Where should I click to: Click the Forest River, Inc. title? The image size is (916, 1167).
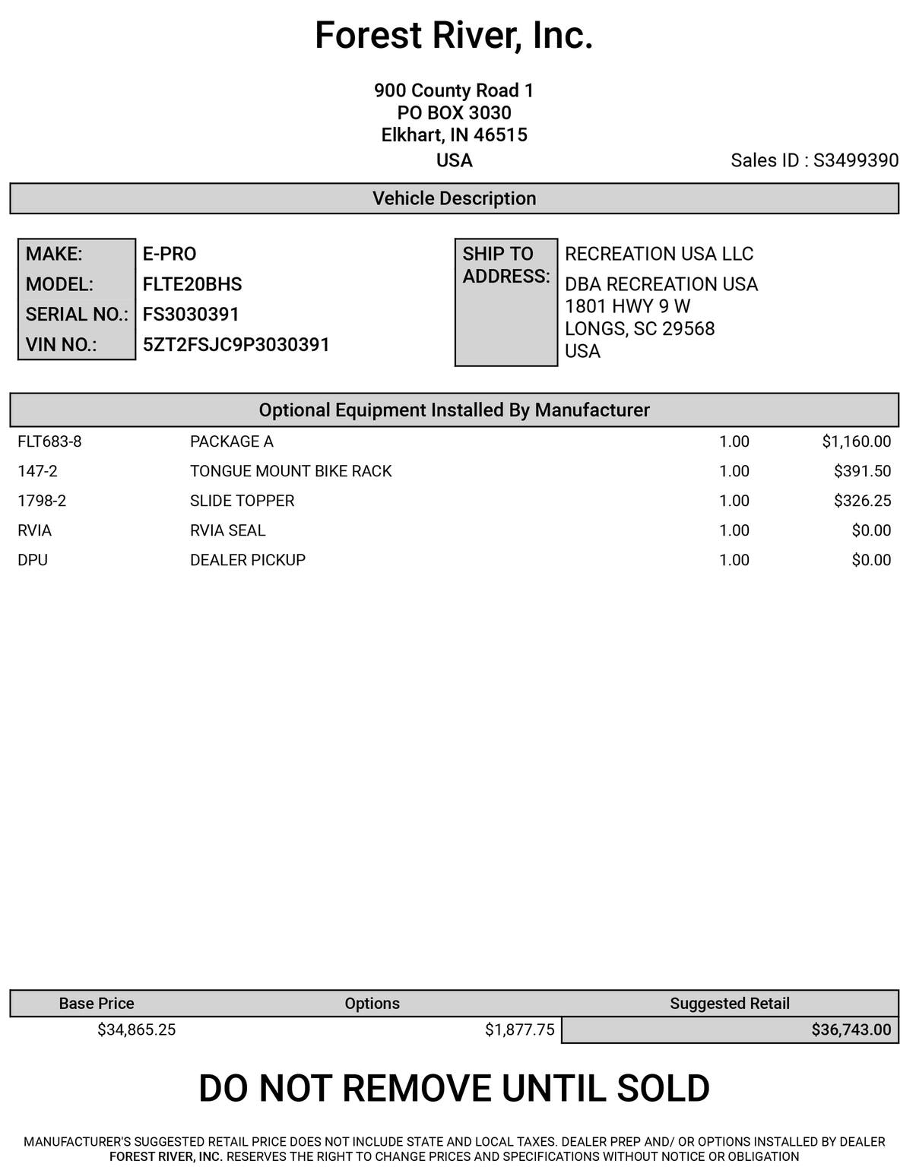(454, 36)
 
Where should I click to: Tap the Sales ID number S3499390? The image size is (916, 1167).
(855, 160)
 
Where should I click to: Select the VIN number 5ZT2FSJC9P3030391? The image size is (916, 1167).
(236, 344)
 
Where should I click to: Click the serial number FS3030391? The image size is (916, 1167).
(191, 314)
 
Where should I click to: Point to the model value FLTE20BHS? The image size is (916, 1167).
(192, 284)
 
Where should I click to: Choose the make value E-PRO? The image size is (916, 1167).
(170, 254)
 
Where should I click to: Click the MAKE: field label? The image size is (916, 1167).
(54, 254)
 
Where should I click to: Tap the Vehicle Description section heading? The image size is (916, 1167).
(454, 198)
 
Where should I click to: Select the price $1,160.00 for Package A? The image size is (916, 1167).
(856, 441)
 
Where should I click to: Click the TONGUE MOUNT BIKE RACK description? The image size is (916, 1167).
(290, 471)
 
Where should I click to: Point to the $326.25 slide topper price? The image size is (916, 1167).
(862, 501)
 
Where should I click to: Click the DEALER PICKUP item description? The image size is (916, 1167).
(247, 560)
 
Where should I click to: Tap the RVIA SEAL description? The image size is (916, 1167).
(227, 530)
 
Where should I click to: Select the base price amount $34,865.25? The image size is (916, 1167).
(136, 1029)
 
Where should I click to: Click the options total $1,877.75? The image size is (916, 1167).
(519, 1029)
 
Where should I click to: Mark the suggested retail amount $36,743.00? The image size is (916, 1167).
(851, 1029)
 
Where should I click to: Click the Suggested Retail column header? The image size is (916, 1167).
(729, 1003)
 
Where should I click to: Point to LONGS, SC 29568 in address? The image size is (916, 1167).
(639, 329)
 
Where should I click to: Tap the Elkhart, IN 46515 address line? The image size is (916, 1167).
(454, 135)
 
